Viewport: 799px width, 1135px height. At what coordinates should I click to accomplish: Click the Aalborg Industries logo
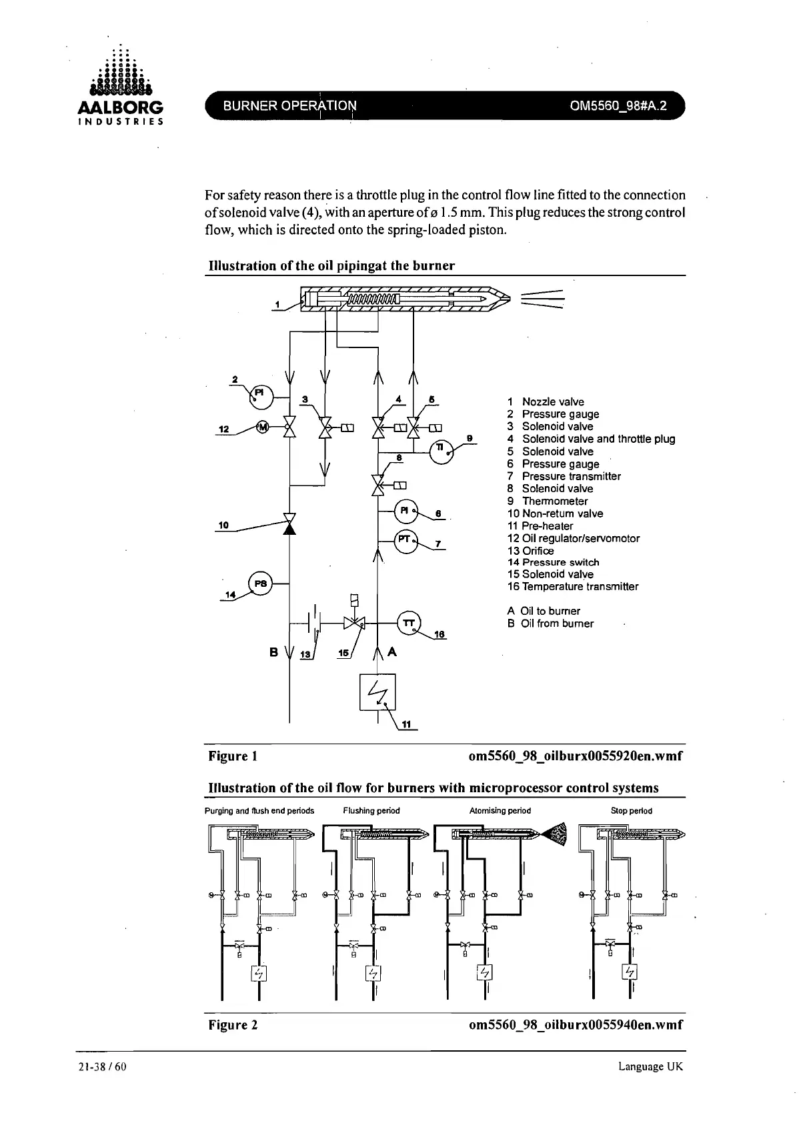[x=121, y=87]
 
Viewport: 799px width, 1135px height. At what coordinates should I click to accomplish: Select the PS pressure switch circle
[x=260, y=584]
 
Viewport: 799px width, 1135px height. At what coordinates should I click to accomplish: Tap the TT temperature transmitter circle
[x=410, y=623]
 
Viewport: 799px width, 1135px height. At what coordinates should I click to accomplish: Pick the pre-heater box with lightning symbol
[x=377, y=692]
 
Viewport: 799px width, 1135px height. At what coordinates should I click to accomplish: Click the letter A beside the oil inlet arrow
[x=392, y=652]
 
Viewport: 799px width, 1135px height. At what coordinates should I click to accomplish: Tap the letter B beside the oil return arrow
[x=273, y=652]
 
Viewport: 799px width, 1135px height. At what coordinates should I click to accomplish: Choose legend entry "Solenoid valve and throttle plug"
[x=598, y=439]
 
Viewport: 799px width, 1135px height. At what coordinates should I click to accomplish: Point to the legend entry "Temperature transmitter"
[x=580, y=587]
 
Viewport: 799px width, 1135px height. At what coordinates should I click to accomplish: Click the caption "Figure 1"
[x=233, y=756]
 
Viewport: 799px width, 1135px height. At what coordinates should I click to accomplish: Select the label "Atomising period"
[x=500, y=811]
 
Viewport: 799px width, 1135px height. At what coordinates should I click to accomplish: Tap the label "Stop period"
[x=631, y=811]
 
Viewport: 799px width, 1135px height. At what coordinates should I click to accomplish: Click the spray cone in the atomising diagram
[x=555, y=833]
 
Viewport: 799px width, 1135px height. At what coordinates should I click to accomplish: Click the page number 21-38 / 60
[x=102, y=1066]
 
